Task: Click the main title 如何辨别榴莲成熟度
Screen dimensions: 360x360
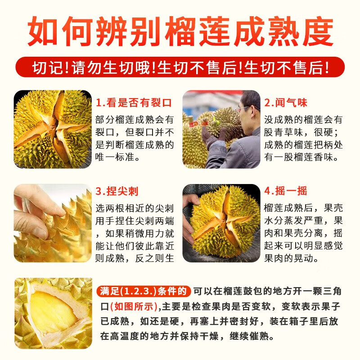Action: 180,31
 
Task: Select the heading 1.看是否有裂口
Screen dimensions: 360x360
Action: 134,103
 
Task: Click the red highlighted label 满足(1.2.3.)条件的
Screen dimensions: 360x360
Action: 144,291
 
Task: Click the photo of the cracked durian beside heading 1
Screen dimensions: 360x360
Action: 53,129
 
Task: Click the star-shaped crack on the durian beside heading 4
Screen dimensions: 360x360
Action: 220,223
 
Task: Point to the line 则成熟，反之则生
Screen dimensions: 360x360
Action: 135,258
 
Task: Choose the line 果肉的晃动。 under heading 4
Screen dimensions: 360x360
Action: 292,259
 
